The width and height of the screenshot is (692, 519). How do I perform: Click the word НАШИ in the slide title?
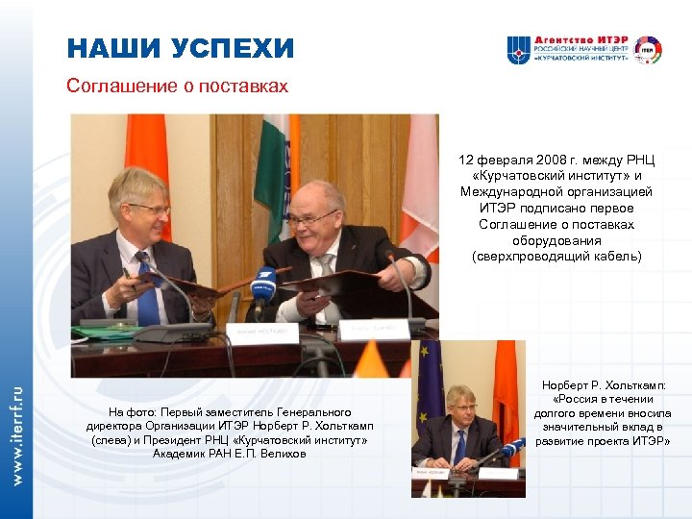point(111,49)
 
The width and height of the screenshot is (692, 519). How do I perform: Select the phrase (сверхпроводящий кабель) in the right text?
point(556,257)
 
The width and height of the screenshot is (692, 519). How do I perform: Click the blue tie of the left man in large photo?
point(146,289)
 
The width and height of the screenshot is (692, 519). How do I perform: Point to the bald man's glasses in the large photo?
point(312,218)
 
